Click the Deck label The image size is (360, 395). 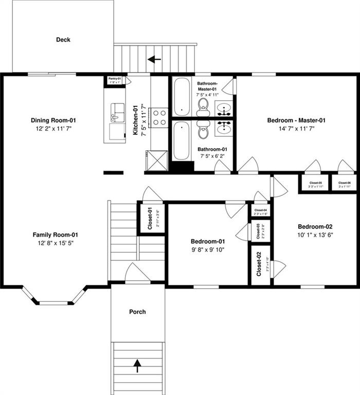click(63, 40)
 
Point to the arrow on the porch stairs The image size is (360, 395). click(137, 366)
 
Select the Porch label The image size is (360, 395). click(137, 312)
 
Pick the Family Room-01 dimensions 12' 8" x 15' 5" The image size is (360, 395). click(56, 243)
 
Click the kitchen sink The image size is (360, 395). click(118, 113)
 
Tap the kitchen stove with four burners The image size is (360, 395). click(159, 117)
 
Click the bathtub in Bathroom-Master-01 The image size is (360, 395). click(181, 97)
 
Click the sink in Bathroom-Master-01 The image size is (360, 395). click(223, 109)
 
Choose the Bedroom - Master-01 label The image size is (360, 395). click(296, 120)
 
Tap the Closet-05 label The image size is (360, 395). click(315, 183)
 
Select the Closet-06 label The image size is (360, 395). click(344, 183)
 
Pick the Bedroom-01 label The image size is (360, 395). click(208, 241)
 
